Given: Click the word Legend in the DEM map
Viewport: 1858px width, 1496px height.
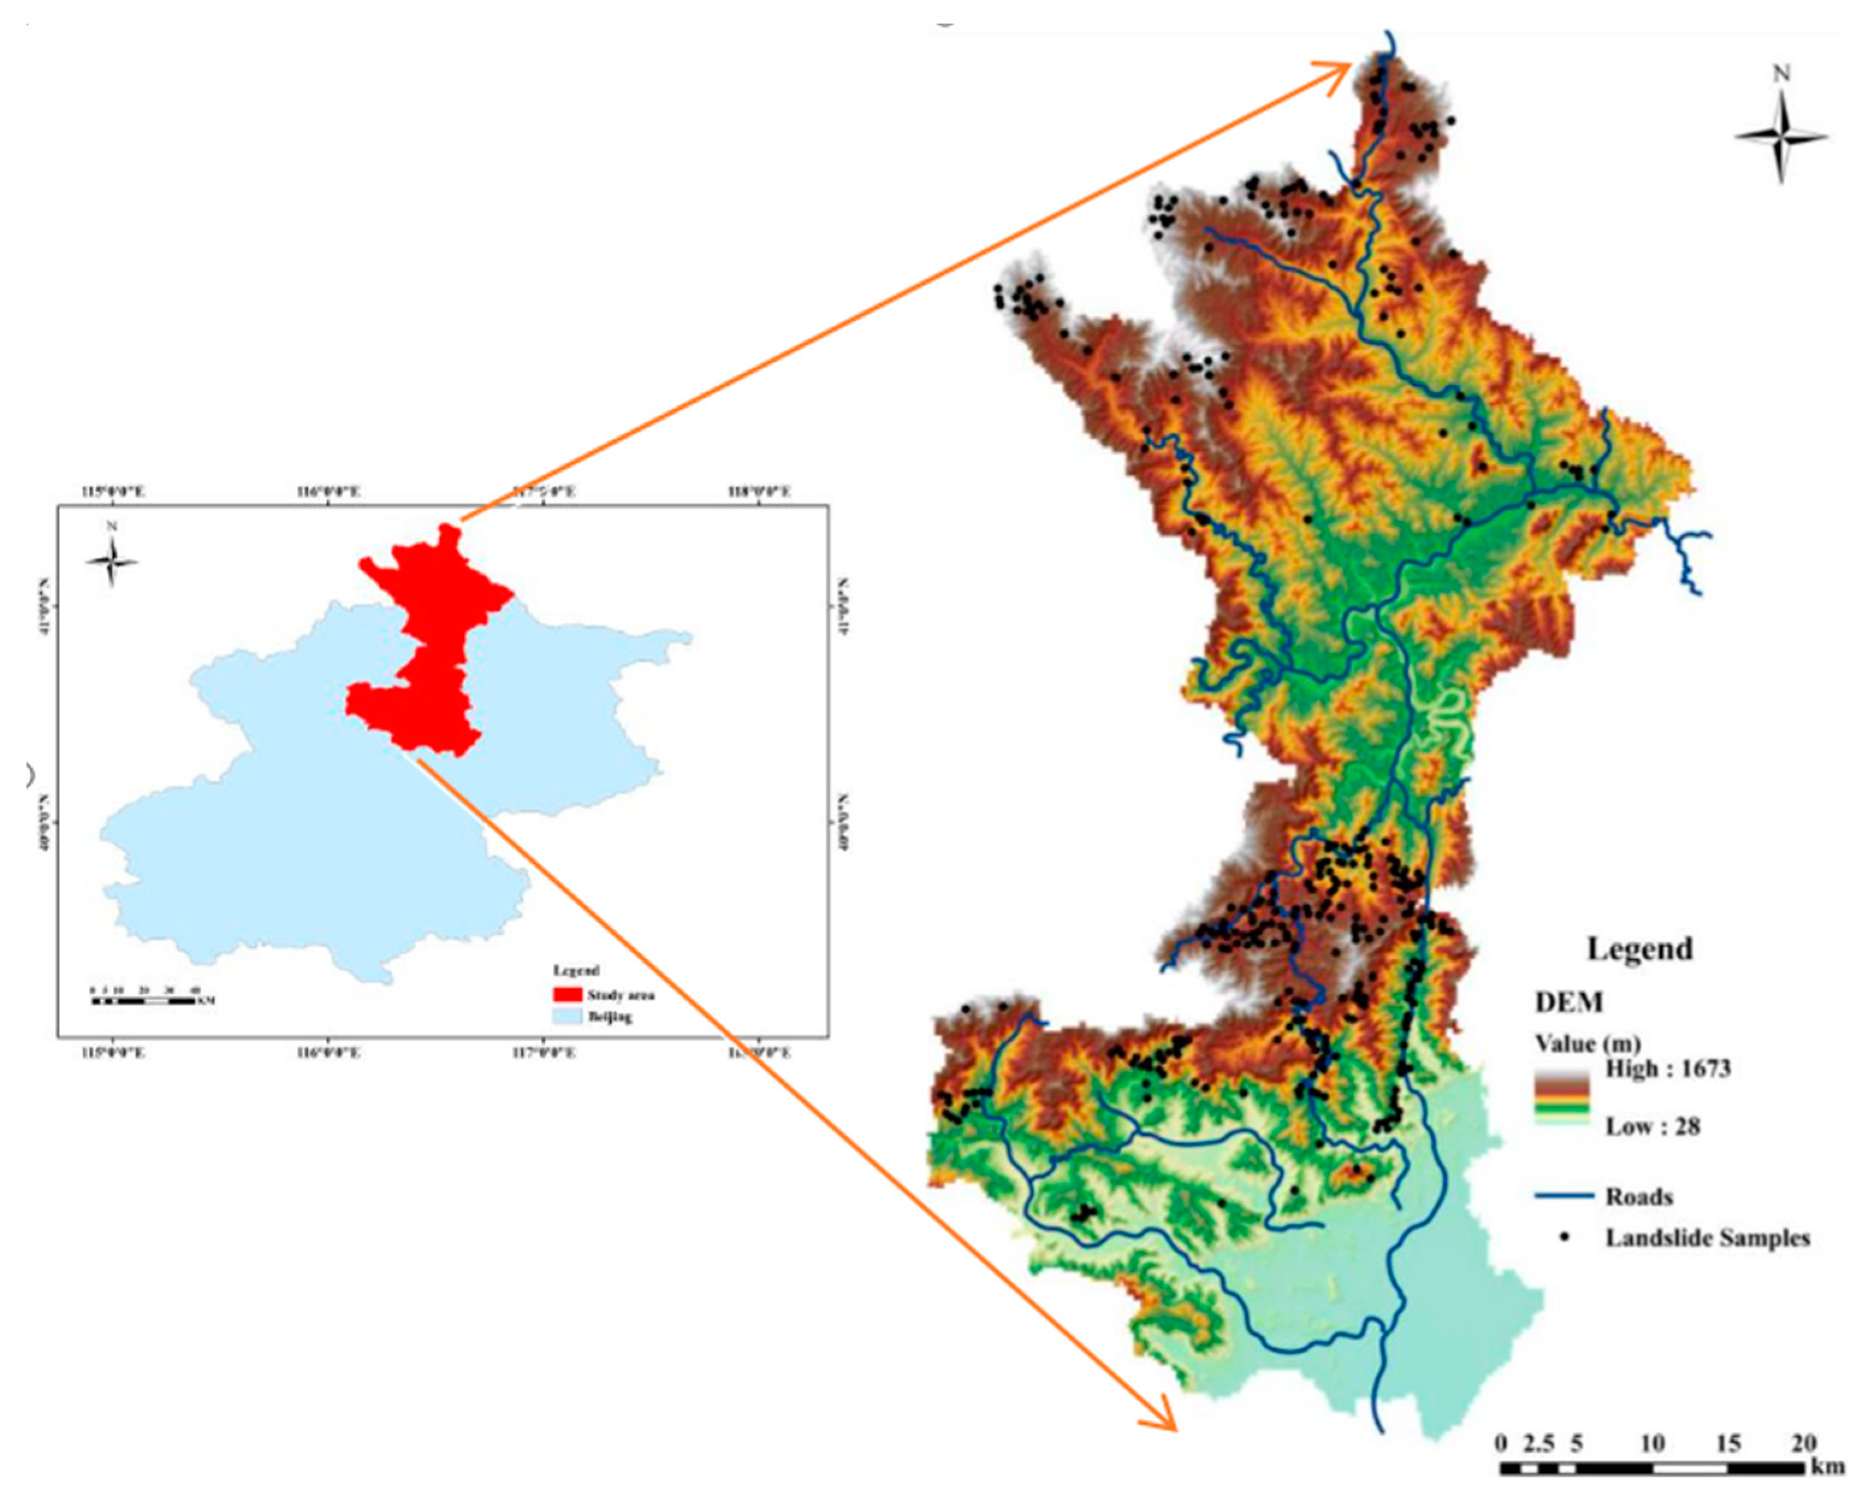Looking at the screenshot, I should click(x=1639, y=949).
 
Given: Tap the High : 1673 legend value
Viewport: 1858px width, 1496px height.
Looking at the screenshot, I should click(x=1667, y=1068).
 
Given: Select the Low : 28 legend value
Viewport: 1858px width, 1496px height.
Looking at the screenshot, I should click(x=1652, y=1126).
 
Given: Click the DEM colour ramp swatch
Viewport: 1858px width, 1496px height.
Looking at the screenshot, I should click(x=1562, y=1097).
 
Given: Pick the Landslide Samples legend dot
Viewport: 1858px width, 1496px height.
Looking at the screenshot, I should click(x=1564, y=1237).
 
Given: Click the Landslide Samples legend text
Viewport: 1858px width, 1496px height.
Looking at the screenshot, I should click(x=1706, y=1238).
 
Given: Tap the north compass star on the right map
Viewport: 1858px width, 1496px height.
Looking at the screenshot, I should click(x=1780, y=136).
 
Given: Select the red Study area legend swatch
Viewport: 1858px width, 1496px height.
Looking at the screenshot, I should click(x=565, y=995).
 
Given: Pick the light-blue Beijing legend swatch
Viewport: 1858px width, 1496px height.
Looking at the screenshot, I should click(x=565, y=1017).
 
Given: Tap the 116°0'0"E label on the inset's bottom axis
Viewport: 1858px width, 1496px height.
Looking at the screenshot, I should click(x=328, y=1052).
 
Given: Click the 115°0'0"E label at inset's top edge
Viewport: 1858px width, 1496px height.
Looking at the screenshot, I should click(x=113, y=492).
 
